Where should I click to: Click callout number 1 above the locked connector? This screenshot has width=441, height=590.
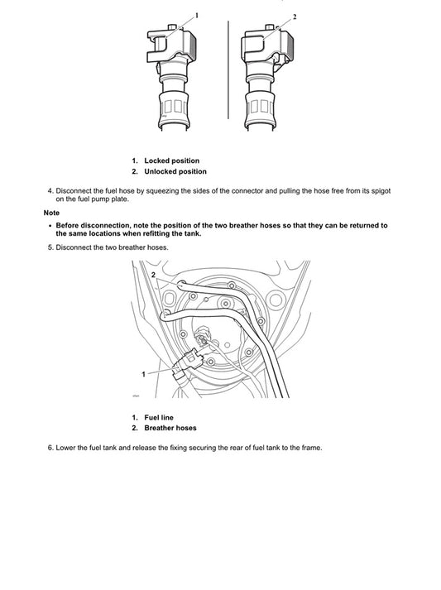point(197,15)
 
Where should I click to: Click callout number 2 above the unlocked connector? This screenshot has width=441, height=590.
point(295,17)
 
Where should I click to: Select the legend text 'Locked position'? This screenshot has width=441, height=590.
point(171,161)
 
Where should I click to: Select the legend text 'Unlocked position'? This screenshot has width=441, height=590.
point(175,172)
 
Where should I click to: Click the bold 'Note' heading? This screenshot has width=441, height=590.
point(52,213)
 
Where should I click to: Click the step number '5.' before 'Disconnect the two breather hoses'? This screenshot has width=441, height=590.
point(50,247)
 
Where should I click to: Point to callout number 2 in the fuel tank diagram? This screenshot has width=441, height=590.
point(153,274)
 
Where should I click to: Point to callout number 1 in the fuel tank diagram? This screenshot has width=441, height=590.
point(143,374)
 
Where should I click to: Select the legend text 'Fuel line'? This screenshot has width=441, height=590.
point(159,417)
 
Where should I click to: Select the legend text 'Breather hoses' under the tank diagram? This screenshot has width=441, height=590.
point(170,429)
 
